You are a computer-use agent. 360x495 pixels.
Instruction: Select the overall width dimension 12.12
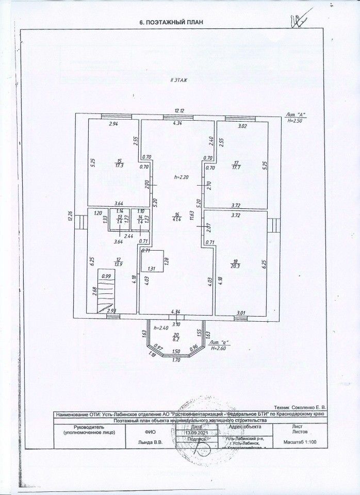pyautogui.click(x=179, y=110)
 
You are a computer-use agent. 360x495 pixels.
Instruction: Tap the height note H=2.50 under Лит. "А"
pyautogui.click(x=297, y=120)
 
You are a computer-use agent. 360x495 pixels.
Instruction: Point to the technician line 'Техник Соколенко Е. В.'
pyautogui.click(x=302, y=407)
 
